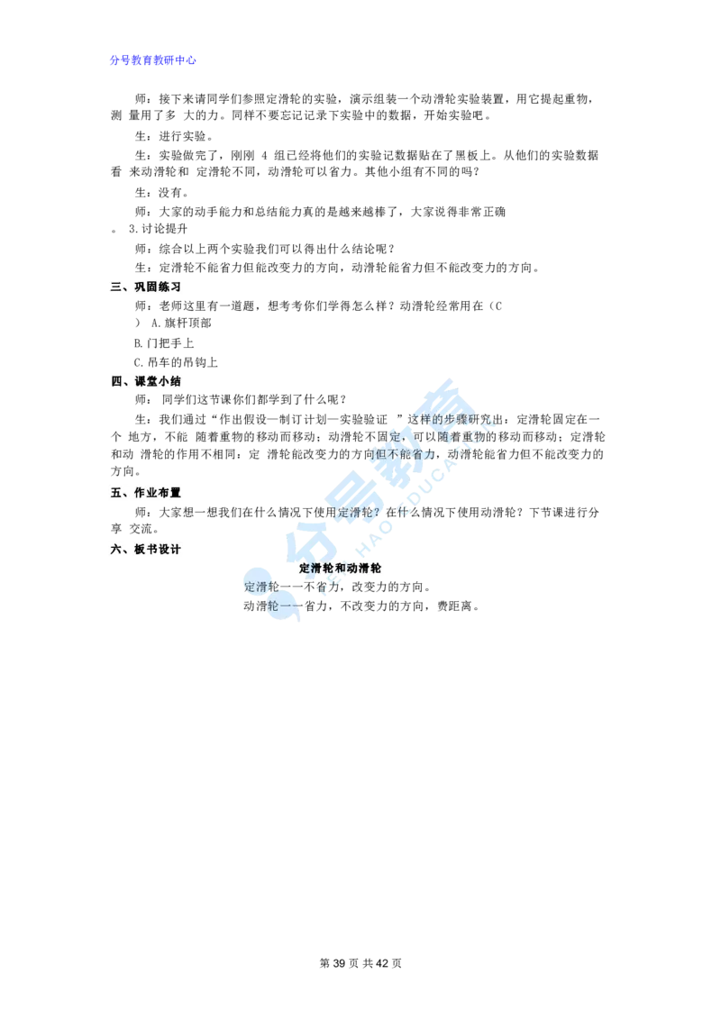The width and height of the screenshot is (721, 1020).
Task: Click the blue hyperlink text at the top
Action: tap(153, 60)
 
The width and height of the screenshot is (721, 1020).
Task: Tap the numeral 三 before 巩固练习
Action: tap(115, 287)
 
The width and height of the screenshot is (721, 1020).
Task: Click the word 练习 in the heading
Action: tap(172, 287)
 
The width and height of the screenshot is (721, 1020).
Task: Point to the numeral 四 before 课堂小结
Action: tap(115, 381)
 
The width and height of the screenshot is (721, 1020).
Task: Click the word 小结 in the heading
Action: tap(172, 381)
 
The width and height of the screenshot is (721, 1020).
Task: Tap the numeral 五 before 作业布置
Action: tap(115, 493)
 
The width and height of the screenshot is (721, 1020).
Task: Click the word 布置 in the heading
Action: tap(172, 493)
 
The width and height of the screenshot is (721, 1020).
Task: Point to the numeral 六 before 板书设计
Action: tap(115, 550)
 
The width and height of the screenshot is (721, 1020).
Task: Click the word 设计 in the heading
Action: tap(172, 550)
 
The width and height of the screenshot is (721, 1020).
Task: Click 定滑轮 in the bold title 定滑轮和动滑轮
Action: tap(316, 569)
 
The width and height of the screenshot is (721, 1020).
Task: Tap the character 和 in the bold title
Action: tap(341, 569)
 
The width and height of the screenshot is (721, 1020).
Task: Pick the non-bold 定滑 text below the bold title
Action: tap(256, 587)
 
